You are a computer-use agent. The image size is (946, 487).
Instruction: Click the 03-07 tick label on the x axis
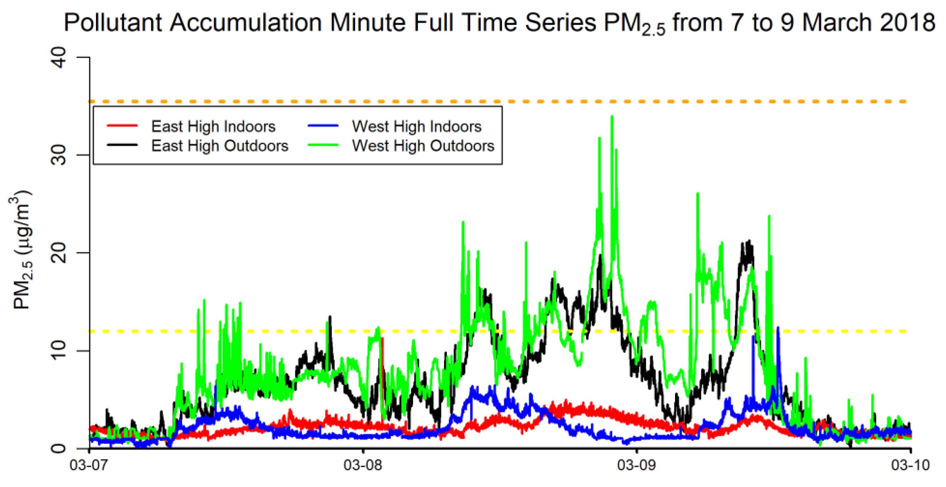(89, 465)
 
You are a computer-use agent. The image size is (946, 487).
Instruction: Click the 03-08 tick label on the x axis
(363, 465)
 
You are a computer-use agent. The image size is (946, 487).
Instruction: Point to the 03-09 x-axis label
(637, 465)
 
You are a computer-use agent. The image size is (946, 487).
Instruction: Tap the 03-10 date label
(910, 465)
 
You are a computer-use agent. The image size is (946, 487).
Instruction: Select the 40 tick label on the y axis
(59, 58)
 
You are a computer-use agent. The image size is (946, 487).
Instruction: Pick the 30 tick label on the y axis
(59, 155)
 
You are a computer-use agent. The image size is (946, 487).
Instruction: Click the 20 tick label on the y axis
(59, 253)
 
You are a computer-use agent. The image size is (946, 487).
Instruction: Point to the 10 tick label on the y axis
(59, 351)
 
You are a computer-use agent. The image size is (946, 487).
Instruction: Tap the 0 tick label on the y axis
(59, 448)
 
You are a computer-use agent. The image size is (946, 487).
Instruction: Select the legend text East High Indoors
(213, 126)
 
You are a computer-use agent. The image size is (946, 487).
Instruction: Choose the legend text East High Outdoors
(220, 146)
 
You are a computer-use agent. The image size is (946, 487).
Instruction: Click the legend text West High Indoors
(416, 126)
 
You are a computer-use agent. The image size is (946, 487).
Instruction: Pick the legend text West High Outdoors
(423, 146)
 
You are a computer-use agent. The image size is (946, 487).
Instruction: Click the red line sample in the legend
(122, 126)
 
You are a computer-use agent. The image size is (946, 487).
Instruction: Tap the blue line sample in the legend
(323, 126)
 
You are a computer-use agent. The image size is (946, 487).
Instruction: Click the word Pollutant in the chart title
(113, 23)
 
